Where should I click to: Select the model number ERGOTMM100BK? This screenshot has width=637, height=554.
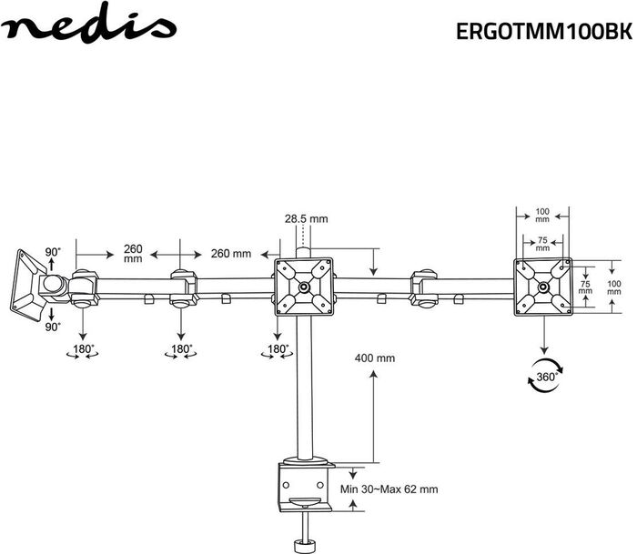544,32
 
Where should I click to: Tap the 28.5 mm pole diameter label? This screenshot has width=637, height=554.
306,219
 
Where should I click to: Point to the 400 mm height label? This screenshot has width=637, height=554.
375,358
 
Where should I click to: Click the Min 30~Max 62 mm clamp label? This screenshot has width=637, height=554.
389,489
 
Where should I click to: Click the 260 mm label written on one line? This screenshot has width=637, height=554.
231,254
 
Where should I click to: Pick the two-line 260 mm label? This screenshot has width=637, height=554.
133,254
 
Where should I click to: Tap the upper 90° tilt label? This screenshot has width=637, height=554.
53,252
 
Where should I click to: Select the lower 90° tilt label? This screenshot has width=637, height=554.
53,327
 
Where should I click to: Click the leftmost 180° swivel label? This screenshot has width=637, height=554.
83,349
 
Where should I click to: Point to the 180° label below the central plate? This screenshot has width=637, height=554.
278,349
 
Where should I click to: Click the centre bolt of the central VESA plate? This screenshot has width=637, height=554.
303,287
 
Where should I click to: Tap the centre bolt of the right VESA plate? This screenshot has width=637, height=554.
542,287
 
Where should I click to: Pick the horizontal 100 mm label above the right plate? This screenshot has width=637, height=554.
542,216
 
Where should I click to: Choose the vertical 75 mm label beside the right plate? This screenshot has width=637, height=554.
585,287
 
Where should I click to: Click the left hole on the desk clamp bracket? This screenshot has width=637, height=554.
286,485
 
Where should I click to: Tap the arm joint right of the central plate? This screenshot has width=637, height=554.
423,288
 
